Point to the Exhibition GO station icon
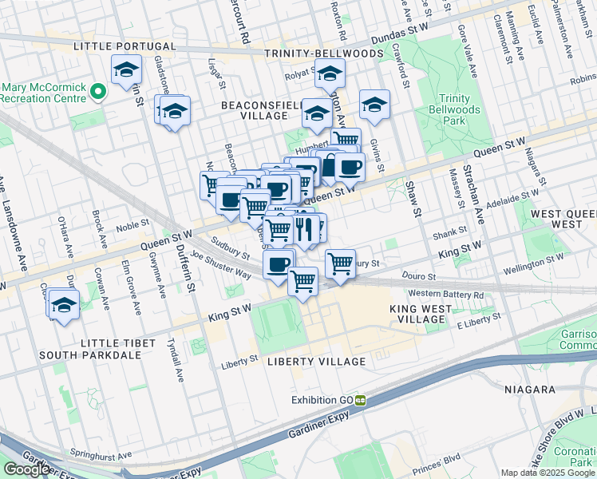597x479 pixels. (360, 400)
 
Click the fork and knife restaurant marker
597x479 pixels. (302, 229)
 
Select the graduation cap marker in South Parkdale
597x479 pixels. (64, 304)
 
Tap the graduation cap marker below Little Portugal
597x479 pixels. (126, 71)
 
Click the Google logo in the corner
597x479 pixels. (27, 469)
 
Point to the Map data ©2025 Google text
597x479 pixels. (548, 473)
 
